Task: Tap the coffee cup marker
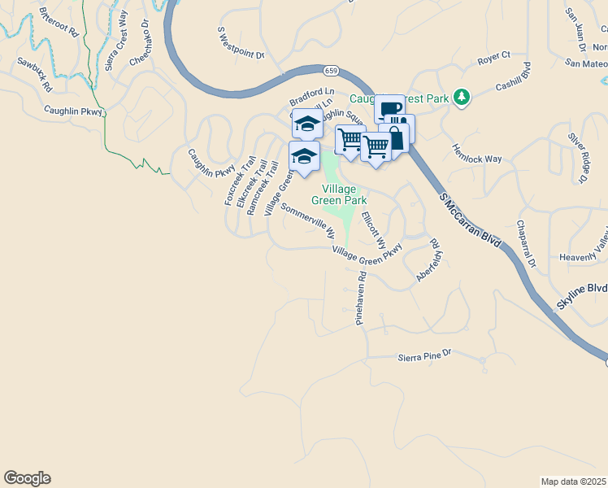[389, 109]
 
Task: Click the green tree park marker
[462, 98]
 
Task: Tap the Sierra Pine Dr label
[423, 356]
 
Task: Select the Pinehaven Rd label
[360, 298]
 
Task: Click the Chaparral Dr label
[527, 243]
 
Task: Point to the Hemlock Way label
[476, 154]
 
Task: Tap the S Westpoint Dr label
[241, 43]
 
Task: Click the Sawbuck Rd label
[34, 74]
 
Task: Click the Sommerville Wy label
[308, 220]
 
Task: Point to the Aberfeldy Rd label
[428, 260]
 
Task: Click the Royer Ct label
[493, 56]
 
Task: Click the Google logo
[27, 478]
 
